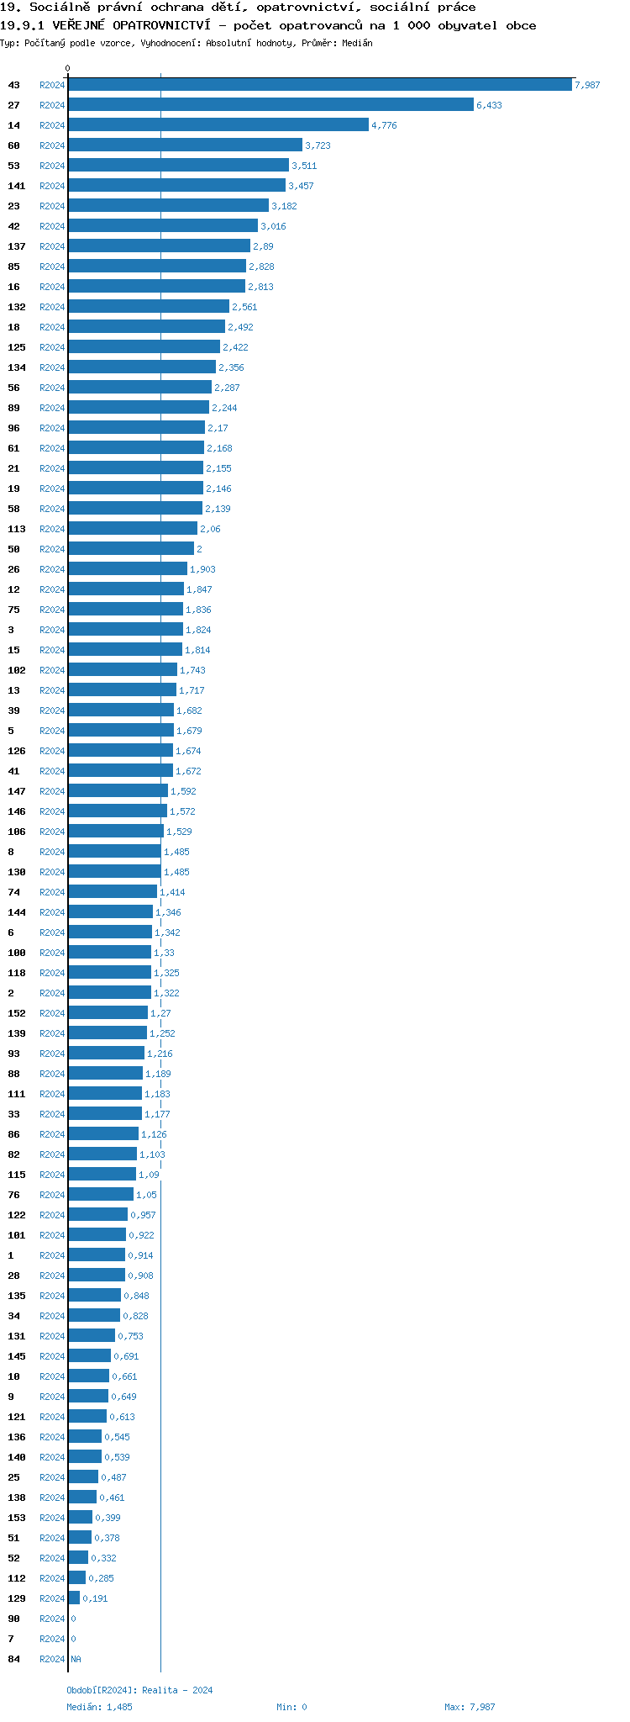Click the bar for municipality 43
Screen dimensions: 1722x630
click(319, 85)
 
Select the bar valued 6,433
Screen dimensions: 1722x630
click(270, 105)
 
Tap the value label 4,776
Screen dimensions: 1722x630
click(384, 125)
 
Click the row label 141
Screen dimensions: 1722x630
click(17, 186)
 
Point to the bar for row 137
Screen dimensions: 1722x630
click(159, 246)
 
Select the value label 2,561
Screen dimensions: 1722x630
click(244, 307)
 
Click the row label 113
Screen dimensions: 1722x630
click(17, 529)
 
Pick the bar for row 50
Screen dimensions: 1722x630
click(130, 549)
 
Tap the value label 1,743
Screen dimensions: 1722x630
click(192, 670)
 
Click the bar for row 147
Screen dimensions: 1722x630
click(118, 791)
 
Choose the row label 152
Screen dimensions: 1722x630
click(17, 1013)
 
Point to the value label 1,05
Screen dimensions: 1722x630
click(146, 1195)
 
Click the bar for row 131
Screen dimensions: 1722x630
click(92, 1336)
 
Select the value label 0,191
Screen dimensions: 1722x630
click(95, 1598)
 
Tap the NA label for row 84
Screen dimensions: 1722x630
click(76, 1659)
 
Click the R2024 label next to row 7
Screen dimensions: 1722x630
click(52, 1639)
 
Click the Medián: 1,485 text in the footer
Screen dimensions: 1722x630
click(99, 1707)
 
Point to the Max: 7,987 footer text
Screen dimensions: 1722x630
click(470, 1707)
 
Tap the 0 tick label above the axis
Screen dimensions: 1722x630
click(68, 68)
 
